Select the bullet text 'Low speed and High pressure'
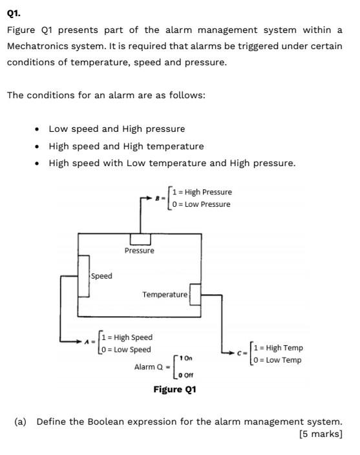[116, 129]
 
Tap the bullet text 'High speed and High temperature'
[126, 146]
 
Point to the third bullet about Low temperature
[172, 163]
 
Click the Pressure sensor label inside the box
[139, 251]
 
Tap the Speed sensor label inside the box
[101, 276]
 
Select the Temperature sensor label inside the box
[165, 294]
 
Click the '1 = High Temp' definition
[279, 348]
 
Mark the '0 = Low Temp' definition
[278, 360]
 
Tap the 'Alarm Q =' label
[151, 366]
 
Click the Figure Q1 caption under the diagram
[175, 389]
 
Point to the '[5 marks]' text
[321, 434]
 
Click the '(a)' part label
[21, 421]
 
